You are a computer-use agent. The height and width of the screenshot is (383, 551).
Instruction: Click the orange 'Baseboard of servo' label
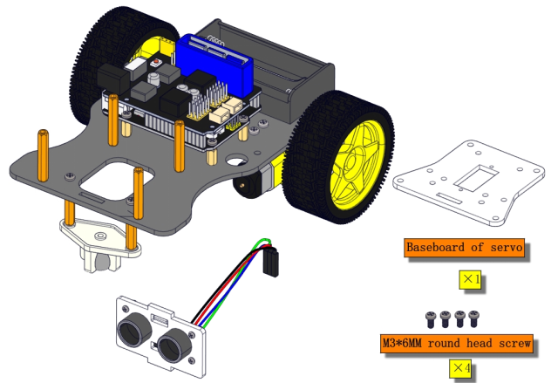(464, 247)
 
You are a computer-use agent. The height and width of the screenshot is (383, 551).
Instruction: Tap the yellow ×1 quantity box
(470, 279)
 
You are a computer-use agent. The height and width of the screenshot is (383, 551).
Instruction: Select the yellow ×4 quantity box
(460, 368)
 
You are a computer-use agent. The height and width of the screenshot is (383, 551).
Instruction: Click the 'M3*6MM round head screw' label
(457, 343)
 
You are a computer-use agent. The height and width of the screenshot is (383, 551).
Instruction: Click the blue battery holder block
(215, 64)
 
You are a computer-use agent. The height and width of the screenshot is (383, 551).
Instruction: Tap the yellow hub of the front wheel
(356, 165)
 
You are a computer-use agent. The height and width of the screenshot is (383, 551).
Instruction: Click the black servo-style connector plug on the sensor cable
(270, 262)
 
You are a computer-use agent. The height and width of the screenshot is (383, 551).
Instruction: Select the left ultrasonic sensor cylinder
(134, 329)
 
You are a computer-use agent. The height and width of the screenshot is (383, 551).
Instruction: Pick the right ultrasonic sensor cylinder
(174, 346)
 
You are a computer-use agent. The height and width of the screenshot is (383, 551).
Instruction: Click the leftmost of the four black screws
(431, 319)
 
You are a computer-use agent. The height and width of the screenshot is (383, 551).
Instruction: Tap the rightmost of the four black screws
(473, 318)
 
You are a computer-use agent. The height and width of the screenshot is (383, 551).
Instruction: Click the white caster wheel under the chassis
(101, 261)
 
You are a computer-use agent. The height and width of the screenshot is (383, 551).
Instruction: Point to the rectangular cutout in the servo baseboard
(476, 179)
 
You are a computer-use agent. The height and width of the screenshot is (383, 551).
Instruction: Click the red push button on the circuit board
(156, 63)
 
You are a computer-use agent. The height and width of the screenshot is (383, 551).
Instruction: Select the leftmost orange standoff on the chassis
(44, 155)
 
